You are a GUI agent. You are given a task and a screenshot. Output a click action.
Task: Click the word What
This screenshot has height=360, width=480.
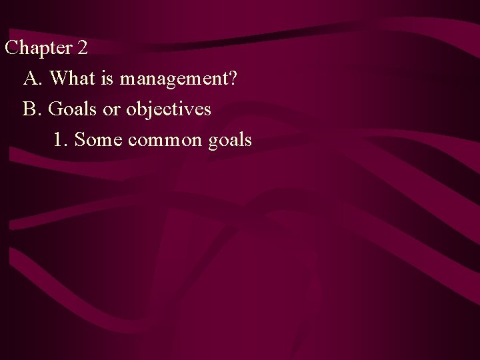71,79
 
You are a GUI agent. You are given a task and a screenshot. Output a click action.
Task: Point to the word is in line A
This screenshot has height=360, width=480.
107,79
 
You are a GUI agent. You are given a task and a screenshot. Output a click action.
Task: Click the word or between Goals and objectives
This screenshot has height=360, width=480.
113,109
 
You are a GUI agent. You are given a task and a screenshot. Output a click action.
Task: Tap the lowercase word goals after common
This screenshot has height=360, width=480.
230,141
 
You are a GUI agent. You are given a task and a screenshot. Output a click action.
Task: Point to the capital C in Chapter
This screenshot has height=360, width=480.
11,48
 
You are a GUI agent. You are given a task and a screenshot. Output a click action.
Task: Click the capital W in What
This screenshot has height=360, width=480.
58,79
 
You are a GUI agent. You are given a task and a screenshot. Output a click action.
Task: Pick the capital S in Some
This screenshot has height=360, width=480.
79,139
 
